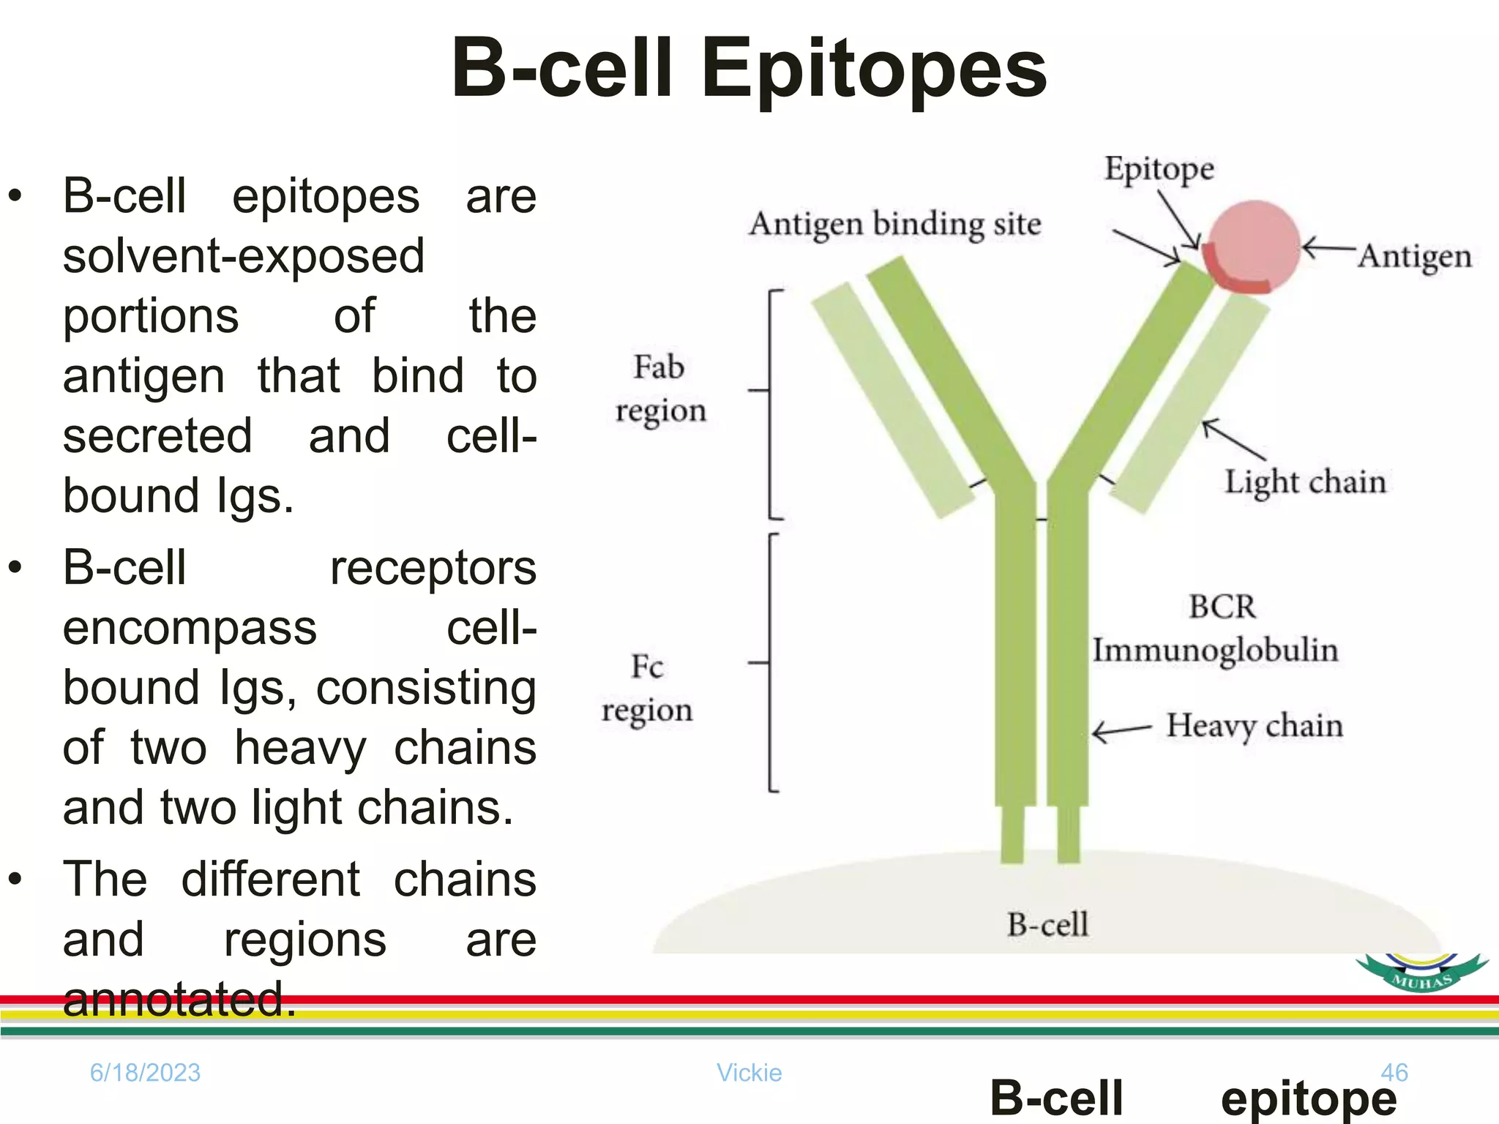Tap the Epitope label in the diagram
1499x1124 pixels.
pos(1159,169)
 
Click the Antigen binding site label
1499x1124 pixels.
pos(894,224)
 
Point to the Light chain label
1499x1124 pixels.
pos(1305,482)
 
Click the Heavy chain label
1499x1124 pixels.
pos(1254,726)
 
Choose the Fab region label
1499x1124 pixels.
pos(659,389)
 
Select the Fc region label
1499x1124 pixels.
pos(647,688)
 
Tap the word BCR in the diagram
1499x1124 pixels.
pos(1222,607)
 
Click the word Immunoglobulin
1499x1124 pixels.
pos(1215,650)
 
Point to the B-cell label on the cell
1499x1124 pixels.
pos(1047,925)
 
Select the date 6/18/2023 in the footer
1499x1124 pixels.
pos(145,1073)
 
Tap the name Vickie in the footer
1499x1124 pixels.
pos(749,1073)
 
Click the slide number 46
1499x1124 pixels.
pos(1394,1073)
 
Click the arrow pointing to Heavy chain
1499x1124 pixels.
pos(1122,730)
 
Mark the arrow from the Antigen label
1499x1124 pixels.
pos(1328,248)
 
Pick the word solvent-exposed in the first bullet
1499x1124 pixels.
pos(243,256)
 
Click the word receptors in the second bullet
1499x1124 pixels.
pos(433,569)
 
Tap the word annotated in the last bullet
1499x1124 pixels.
pos(179,1000)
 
